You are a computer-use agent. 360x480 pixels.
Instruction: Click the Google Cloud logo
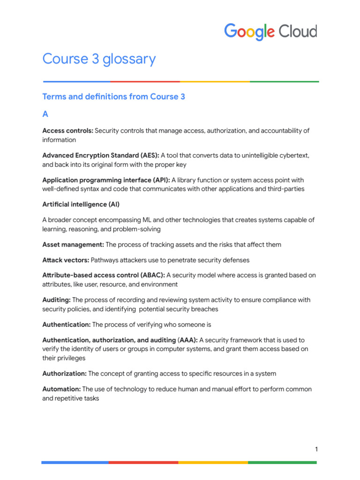tap(270, 32)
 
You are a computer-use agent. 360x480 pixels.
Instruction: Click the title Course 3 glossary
tap(99, 59)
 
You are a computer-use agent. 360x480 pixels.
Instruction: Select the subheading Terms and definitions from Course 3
tap(113, 97)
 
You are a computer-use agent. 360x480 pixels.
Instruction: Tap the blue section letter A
tap(45, 114)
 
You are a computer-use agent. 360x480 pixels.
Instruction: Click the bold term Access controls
tap(67, 131)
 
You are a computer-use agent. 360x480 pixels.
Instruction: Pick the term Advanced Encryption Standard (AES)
tap(100, 155)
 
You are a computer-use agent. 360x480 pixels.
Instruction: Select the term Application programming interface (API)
tap(106, 180)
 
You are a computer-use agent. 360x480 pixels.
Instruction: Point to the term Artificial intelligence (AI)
tap(81, 204)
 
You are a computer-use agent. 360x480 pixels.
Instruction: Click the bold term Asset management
tap(73, 245)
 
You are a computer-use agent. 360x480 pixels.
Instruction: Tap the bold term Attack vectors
tap(66, 260)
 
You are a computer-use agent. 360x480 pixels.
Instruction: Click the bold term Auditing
tap(57, 300)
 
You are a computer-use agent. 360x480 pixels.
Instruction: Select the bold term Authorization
tap(64, 374)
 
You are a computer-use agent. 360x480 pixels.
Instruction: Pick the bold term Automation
tap(61, 389)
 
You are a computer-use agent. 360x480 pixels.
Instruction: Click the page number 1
tap(316, 450)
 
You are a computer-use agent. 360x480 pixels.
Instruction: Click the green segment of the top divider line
tap(284, 82)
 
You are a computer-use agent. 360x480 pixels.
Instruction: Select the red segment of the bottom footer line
tap(143, 462)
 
